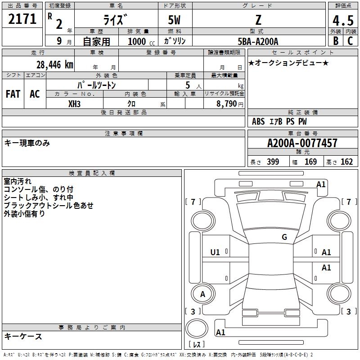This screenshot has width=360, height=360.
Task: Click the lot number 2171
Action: [22, 19]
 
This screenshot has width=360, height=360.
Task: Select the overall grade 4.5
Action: [342, 21]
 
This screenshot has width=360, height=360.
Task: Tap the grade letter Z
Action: [258, 20]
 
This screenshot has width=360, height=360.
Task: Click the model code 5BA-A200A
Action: [258, 41]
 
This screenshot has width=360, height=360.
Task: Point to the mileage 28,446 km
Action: [54, 64]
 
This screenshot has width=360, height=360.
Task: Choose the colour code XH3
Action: [75, 103]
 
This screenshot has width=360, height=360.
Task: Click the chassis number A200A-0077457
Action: [302, 143]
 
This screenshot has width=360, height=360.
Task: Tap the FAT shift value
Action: [13, 94]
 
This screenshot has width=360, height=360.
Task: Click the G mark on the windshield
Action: [284, 237]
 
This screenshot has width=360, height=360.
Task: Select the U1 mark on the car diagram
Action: [215, 252]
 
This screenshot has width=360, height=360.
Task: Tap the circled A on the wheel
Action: [202, 294]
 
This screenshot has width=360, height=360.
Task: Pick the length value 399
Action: [273, 162]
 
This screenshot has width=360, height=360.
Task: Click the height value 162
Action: [346, 162]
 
